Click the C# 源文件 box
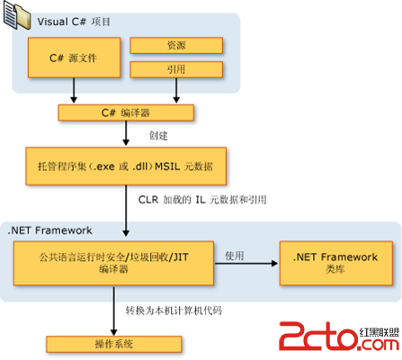click(x=75, y=58)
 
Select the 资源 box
click(x=176, y=45)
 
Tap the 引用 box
click(x=176, y=69)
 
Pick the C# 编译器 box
click(x=126, y=112)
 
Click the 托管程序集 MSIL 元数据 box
click(x=126, y=166)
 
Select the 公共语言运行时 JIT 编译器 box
click(x=113, y=263)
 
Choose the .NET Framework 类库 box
click(x=336, y=263)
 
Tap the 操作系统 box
click(x=114, y=344)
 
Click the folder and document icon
click(x=17, y=15)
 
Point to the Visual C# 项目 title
click(x=74, y=22)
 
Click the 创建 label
click(x=158, y=136)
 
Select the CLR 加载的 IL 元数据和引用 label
click(x=202, y=200)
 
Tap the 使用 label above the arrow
click(x=235, y=256)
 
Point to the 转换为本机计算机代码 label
click(x=174, y=310)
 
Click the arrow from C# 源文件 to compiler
click(x=74, y=90)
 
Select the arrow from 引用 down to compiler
click(x=176, y=90)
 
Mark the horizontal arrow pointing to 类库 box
click(x=246, y=264)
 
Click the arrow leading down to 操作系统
click(x=113, y=310)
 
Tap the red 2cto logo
click(x=339, y=336)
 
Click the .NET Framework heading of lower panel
click(x=49, y=230)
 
